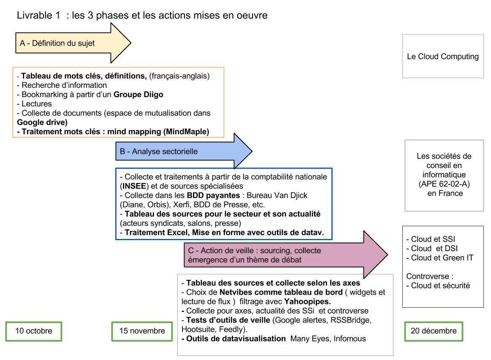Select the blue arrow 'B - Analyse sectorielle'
coord(184,151)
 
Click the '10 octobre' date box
coord(34,331)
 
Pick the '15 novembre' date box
coord(142,331)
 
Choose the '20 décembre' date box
coord(434,331)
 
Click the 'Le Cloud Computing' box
coord(443,57)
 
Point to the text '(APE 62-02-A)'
coord(444,184)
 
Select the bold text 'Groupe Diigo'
coord(138,95)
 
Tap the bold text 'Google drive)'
coord(42,122)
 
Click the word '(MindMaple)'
coord(186,132)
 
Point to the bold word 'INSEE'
coord(134,186)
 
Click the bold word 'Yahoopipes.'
coord(307,301)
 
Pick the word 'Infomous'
coord(350,339)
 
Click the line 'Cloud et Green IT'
coord(440,257)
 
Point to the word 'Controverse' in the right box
coord(428,276)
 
